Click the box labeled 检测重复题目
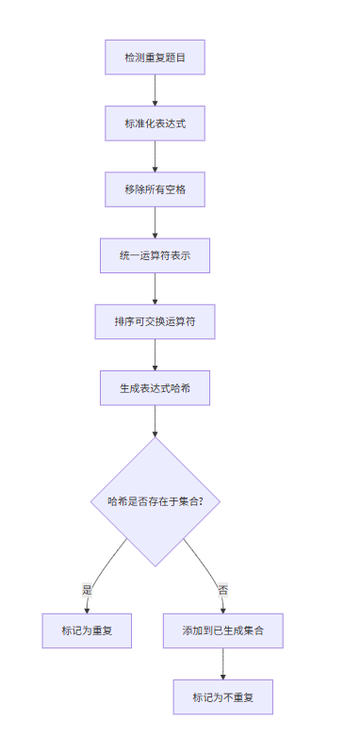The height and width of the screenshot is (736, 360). (x=155, y=57)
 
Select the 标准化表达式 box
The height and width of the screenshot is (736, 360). (x=155, y=123)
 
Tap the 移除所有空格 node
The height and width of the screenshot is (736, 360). (x=155, y=189)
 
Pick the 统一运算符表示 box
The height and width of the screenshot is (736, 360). (x=155, y=255)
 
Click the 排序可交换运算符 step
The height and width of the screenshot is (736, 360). (x=155, y=321)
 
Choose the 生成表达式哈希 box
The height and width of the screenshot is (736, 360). (x=155, y=387)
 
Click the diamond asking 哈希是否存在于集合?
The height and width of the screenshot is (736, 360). (x=155, y=501)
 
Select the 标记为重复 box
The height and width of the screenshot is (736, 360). (x=87, y=630)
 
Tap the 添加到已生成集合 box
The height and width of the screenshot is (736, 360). (x=222, y=630)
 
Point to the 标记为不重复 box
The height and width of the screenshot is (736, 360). (x=222, y=696)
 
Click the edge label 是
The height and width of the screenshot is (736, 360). (x=88, y=590)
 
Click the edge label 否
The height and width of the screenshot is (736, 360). (x=222, y=590)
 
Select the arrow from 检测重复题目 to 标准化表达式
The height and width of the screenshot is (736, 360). (x=155, y=90)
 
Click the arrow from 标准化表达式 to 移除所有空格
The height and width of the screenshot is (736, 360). (x=155, y=156)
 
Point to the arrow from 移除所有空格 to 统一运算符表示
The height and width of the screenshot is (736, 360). (x=155, y=222)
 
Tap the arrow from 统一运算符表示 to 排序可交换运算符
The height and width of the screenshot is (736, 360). (x=155, y=288)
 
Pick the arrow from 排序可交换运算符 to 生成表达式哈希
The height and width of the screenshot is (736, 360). (x=155, y=354)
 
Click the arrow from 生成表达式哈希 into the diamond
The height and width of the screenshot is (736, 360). (x=155, y=420)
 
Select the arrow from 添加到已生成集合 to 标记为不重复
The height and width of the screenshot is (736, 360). (x=222, y=663)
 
